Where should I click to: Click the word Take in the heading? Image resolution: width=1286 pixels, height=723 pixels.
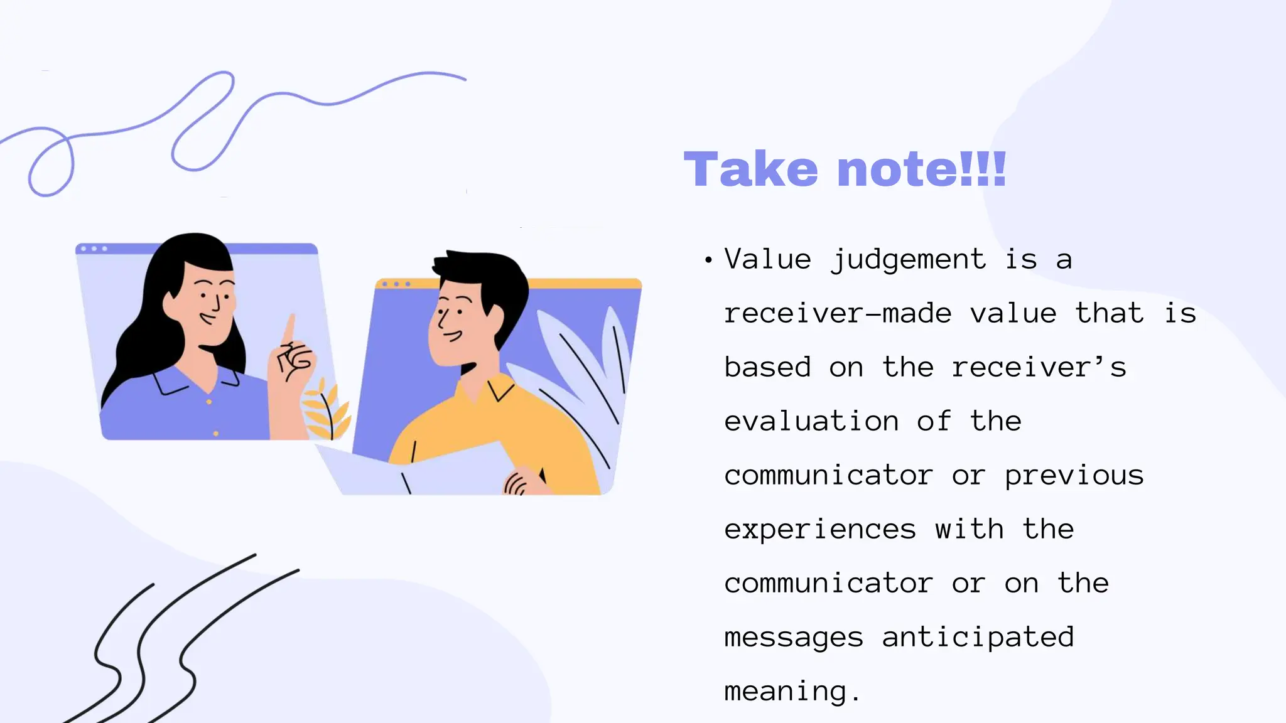(750, 169)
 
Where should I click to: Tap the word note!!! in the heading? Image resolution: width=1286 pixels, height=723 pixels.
(922, 169)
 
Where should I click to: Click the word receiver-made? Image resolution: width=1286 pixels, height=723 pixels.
(838, 313)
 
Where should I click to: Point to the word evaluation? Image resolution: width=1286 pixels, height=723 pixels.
(811, 421)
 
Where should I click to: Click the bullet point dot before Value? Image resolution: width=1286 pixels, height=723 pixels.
(708, 260)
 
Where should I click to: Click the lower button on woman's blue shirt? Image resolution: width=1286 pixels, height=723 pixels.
(216, 434)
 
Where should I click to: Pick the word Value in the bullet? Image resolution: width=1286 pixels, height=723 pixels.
(767, 260)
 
